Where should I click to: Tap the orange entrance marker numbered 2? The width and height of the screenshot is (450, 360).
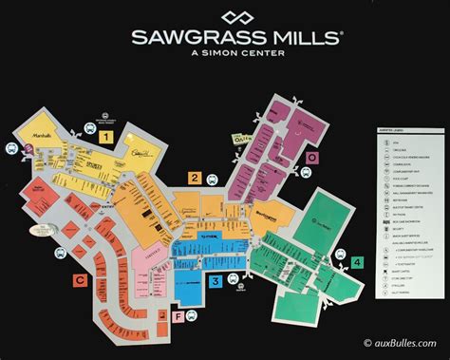(x=194, y=178)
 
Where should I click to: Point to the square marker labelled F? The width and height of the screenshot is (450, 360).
(x=178, y=316)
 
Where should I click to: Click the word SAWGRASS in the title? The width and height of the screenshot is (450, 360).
(x=194, y=39)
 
